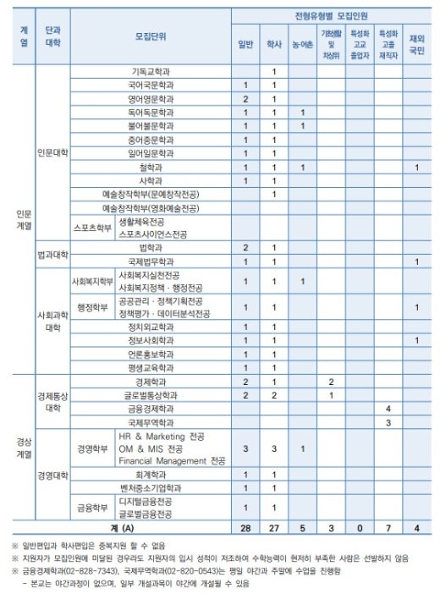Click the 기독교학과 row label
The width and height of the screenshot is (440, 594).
point(151,71)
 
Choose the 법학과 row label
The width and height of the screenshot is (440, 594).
point(151,247)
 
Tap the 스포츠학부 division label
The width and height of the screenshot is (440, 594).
point(91,228)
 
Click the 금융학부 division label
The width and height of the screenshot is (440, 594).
point(91,508)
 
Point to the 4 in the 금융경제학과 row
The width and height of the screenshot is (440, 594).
point(388,408)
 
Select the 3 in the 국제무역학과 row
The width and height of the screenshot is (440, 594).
point(388,421)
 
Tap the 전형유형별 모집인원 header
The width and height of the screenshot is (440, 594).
point(332,15)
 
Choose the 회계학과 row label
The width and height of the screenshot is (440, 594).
point(151,475)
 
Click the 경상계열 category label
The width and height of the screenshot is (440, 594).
point(23,448)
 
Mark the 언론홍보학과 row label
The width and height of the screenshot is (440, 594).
point(151,354)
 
